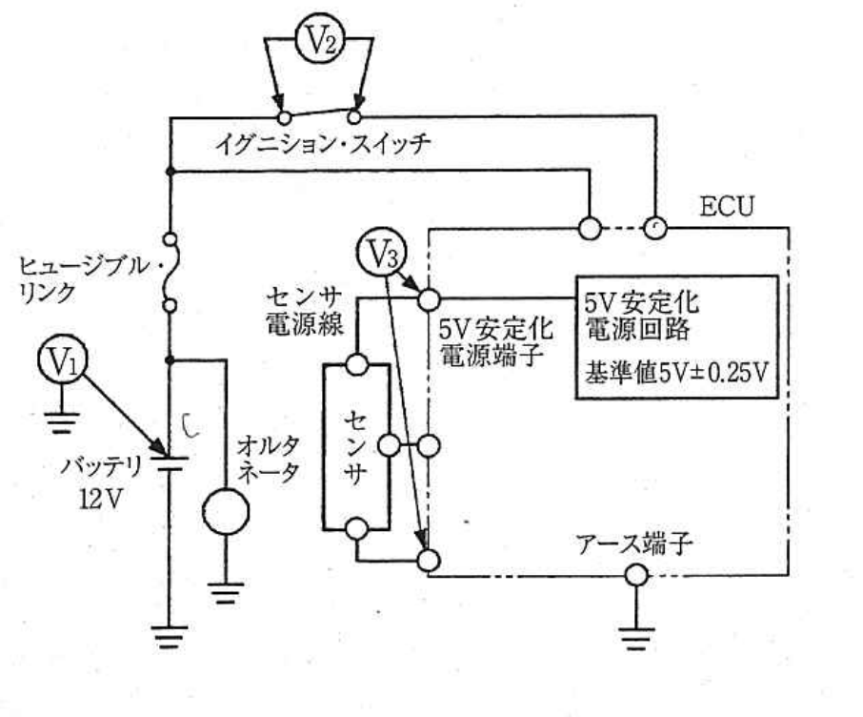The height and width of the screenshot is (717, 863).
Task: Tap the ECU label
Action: (x=727, y=207)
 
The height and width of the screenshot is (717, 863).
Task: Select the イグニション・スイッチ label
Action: (x=322, y=145)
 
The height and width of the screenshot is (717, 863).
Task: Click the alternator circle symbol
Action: (x=225, y=511)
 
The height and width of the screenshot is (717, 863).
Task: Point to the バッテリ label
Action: (x=101, y=467)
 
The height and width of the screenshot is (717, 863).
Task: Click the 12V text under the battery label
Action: (x=100, y=499)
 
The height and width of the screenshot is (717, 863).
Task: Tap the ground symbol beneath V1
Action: (x=62, y=421)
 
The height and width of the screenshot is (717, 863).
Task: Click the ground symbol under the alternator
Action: (x=225, y=593)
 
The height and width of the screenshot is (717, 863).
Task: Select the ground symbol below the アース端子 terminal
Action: (x=636, y=638)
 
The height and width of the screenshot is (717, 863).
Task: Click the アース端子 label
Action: (x=633, y=544)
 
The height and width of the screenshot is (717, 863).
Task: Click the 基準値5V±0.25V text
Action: (x=676, y=373)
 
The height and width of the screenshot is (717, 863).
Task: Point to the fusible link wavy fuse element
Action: (x=171, y=273)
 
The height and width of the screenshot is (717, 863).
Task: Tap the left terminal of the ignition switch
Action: (x=284, y=117)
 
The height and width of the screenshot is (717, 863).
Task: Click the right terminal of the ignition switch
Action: (x=354, y=117)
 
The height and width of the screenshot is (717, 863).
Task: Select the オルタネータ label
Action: (x=268, y=459)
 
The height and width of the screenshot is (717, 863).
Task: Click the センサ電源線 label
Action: (x=305, y=312)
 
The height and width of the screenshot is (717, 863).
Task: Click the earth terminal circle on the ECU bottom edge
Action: (x=636, y=575)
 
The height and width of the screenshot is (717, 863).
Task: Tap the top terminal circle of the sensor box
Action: (x=356, y=364)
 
